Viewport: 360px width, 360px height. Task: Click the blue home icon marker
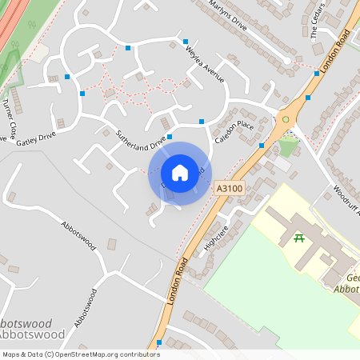(x=179, y=173)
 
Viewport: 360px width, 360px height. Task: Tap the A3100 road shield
(x=229, y=187)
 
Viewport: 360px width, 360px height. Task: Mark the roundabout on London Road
(x=286, y=120)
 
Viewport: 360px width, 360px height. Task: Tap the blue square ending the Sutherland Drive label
(x=170, y=138)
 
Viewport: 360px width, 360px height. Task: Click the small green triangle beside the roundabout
(x=287, y=147)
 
